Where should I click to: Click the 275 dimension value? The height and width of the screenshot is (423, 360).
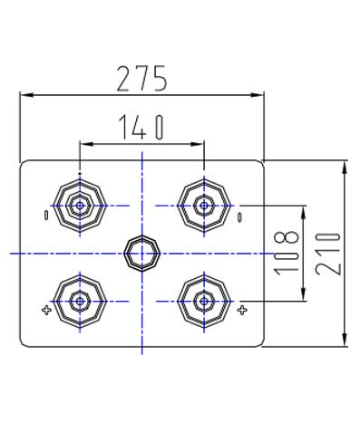(x=141, y=79)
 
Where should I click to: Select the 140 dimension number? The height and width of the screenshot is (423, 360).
(x=141, y=128)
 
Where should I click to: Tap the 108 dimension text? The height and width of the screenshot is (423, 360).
(x=287, y=253)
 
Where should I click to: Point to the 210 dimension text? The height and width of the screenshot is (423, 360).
(x=328, y=254)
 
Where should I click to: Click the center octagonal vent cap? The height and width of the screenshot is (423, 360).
(x=141, y=254)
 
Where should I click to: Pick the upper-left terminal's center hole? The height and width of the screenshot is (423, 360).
(x=80, y=206)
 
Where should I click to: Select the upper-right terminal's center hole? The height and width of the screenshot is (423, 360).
(x=204, y=206)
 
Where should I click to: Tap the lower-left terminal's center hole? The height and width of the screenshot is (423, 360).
(x=80, y=301)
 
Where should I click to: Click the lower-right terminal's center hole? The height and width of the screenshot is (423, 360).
(x=204, y=301)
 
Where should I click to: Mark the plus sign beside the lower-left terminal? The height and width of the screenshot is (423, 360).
(x=46, y=310)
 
